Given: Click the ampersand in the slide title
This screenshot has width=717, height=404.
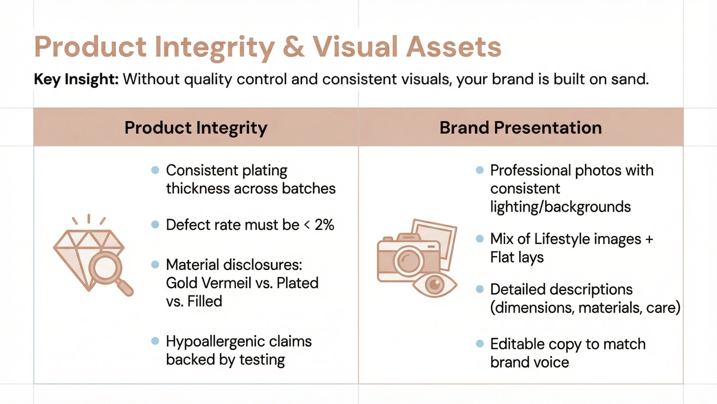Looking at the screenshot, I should [x=293, y=47].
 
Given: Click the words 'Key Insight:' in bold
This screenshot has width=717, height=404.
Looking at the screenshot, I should [x=76, y=79].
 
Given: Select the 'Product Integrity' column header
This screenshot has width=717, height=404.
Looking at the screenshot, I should [x=196, y=128].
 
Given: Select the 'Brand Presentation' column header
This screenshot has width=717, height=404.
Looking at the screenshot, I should [x=521, y=128].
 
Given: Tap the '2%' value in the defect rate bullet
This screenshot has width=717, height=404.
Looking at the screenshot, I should [x=324, y=225].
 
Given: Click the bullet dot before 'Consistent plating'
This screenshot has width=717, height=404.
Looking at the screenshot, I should [x=155, y=170].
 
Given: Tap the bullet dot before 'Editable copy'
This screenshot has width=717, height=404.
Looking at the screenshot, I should [x=479, y=343].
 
